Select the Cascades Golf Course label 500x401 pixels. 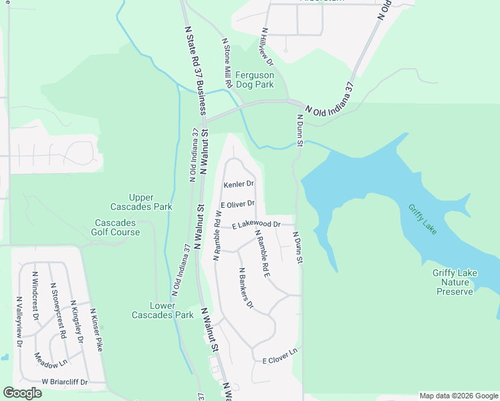coord(117,227)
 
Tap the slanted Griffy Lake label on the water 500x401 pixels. coord(423,219)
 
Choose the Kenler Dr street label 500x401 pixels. coord(239,184)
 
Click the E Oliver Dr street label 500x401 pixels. coord(238,204)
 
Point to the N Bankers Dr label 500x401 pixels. coord(247,288)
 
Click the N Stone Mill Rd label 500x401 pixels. coord(227,63)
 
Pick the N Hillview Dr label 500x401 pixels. coord(267,47)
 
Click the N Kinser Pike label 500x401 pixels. coord(98,330)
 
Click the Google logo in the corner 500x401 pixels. coord(23,393)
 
